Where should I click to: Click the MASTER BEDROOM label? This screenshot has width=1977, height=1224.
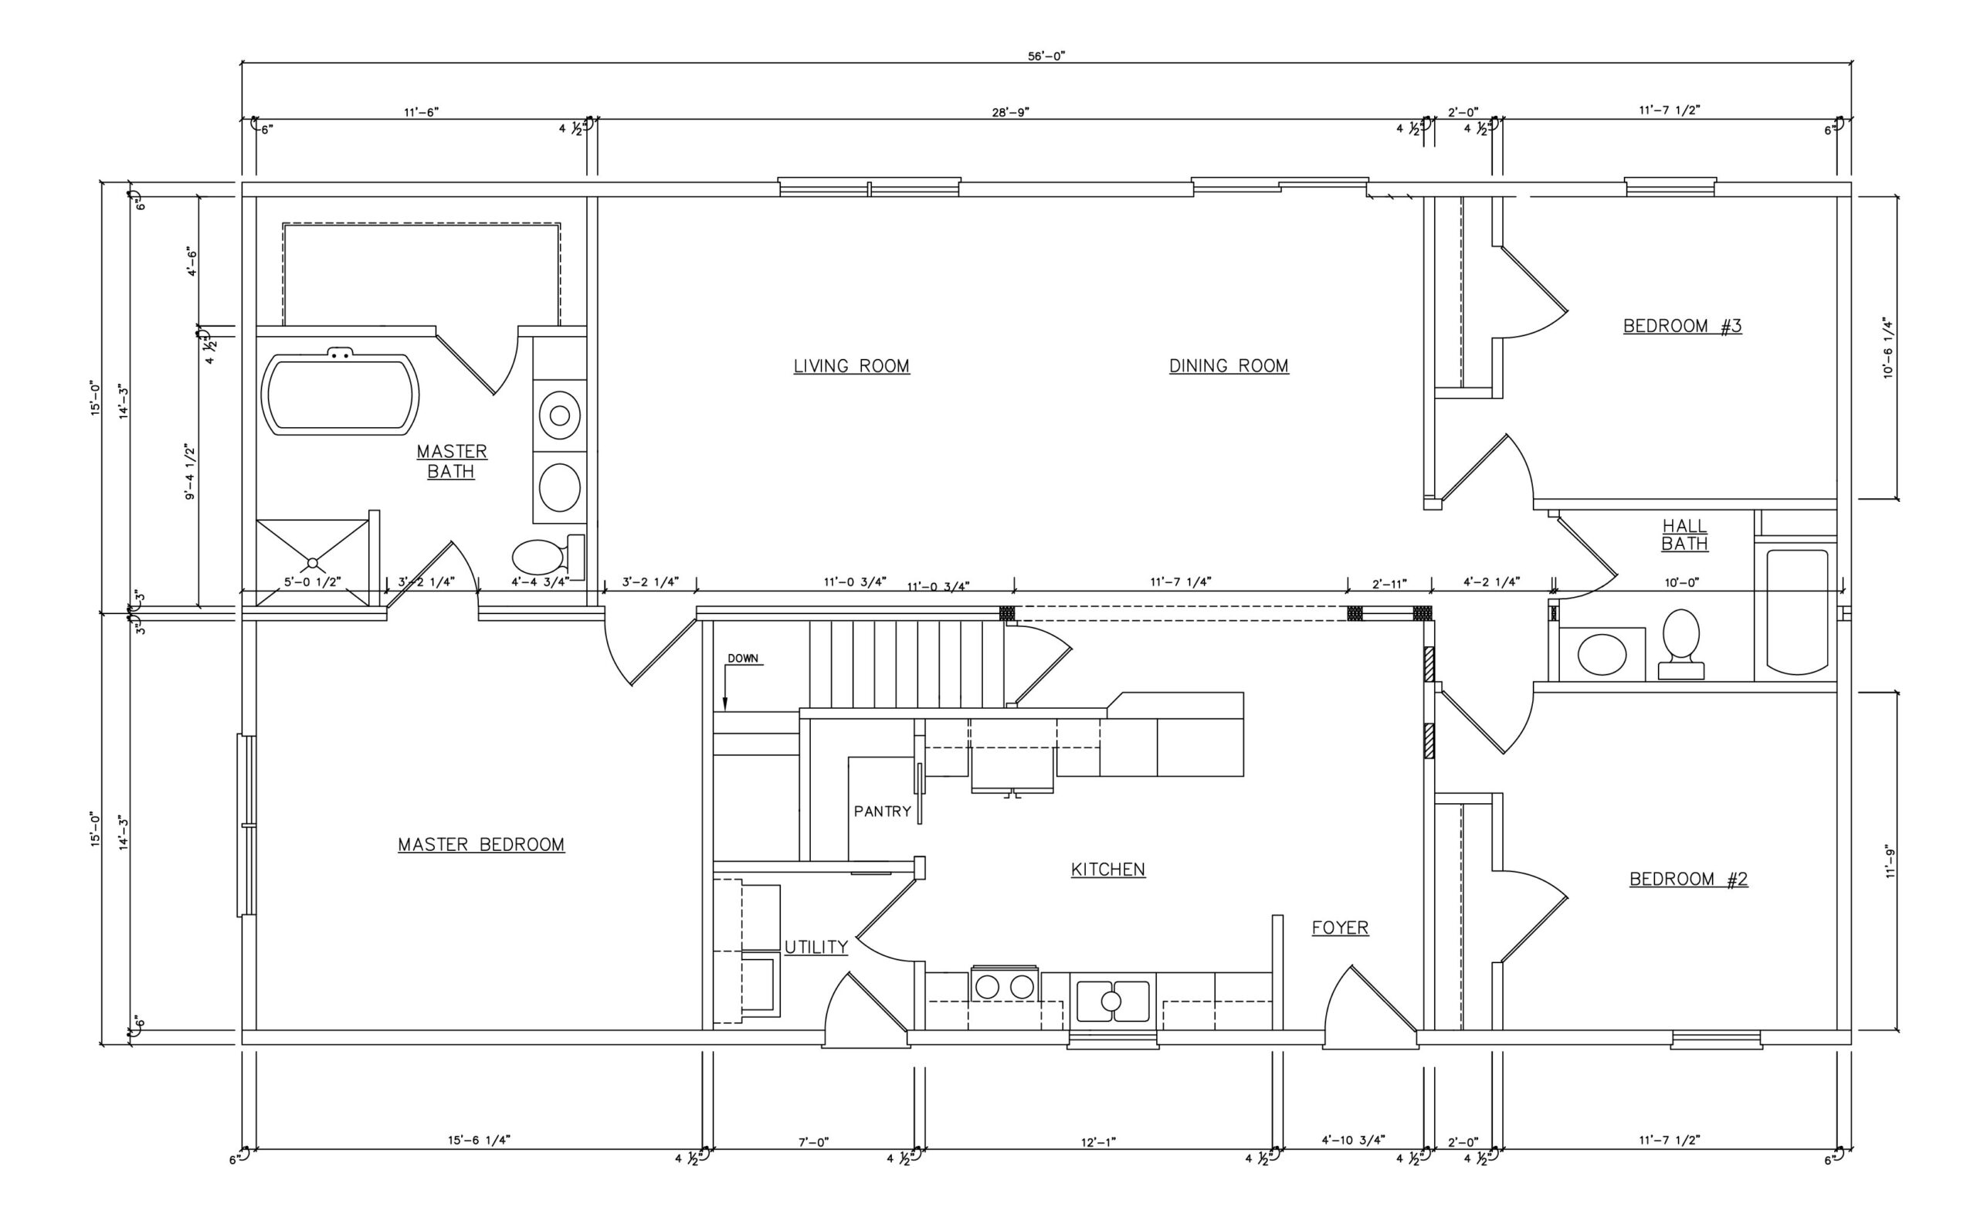tap(481, 844)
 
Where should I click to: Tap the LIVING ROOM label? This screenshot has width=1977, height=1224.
tap(851, 366)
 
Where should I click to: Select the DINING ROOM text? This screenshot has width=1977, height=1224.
tap(1228, 366)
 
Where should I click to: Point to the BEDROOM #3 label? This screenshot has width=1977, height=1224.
tap(1681, 326)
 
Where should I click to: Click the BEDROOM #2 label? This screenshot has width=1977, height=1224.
tap(1688, 879)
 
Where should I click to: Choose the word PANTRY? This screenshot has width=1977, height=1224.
tap(882, 811)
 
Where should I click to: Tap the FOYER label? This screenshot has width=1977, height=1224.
tap(1340, 927)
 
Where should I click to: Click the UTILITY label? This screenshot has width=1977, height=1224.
tap(816, 947)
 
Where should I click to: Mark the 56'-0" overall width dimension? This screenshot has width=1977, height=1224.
tap(1046, 56)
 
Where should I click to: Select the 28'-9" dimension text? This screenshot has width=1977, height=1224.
tap(1010, 113)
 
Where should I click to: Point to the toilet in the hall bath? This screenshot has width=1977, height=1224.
tap(1680, 639)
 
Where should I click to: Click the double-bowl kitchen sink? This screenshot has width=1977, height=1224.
tap(1112, 1002)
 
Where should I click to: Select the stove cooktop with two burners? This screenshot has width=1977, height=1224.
tap(1004, 987)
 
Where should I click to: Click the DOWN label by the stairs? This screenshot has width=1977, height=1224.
tap(742, 658)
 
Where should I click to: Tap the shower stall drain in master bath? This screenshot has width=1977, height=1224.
tap(313, 563)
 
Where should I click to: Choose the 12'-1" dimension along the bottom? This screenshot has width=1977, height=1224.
tap(1098, 1142)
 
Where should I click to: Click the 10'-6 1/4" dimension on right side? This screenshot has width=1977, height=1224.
tap(1889, 348)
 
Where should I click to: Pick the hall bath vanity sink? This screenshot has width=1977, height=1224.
tap(1602, 654)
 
